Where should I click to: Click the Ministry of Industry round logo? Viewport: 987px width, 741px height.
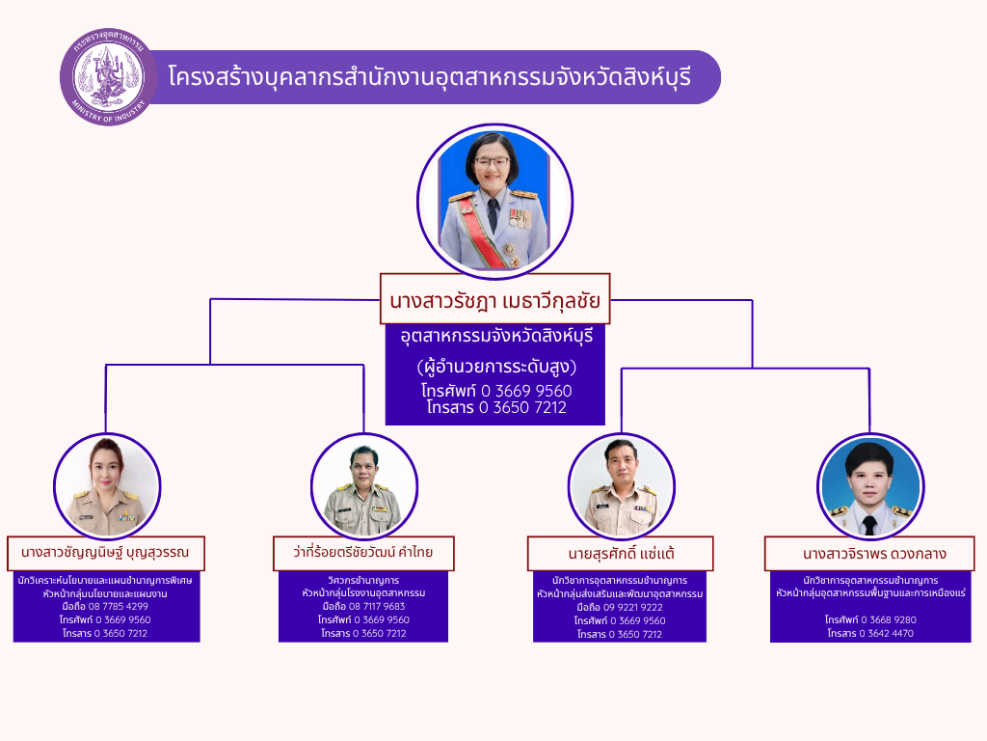[x=108, y=77]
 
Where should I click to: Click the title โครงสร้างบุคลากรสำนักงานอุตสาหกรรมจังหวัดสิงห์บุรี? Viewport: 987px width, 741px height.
[x=429, y=77]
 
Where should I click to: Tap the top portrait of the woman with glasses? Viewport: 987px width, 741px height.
[x=494, y=201]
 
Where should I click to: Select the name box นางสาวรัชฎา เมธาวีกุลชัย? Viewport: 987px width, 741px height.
[x=494, y=299]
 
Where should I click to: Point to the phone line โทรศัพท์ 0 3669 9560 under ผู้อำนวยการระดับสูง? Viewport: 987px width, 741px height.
[x=496, y=391]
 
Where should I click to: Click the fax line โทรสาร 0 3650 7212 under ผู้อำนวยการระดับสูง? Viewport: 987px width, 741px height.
[x=496, y=408]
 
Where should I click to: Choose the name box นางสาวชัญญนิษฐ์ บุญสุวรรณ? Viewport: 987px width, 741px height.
[x=106, y=553]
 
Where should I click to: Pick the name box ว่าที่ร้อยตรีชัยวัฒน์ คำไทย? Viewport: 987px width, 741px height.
[x=363, y=553]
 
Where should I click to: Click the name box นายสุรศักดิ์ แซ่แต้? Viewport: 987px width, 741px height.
[x=620, y=554]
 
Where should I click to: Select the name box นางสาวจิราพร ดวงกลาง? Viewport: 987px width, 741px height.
[x=869, y=554]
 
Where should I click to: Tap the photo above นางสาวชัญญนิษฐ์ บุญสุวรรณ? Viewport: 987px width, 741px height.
[x=107, y=486]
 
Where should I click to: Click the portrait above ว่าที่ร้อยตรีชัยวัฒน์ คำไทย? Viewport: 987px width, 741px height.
[x=363, y=486]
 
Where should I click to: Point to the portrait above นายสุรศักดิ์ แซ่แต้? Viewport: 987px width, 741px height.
[x=622, y=486]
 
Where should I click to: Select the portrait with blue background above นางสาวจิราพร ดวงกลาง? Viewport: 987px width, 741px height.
[x=870, y=486]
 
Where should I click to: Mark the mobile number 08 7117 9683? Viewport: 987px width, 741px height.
[x=377, y=606]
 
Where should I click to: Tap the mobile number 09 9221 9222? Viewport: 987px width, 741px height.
[x=632, y=608]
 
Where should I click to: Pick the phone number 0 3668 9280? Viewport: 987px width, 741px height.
[x=888, y=619]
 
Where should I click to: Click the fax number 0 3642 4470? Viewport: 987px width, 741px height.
[x=886, y=633]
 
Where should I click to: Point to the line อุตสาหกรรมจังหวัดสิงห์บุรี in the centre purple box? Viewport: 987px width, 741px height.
[x=496, y=336]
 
